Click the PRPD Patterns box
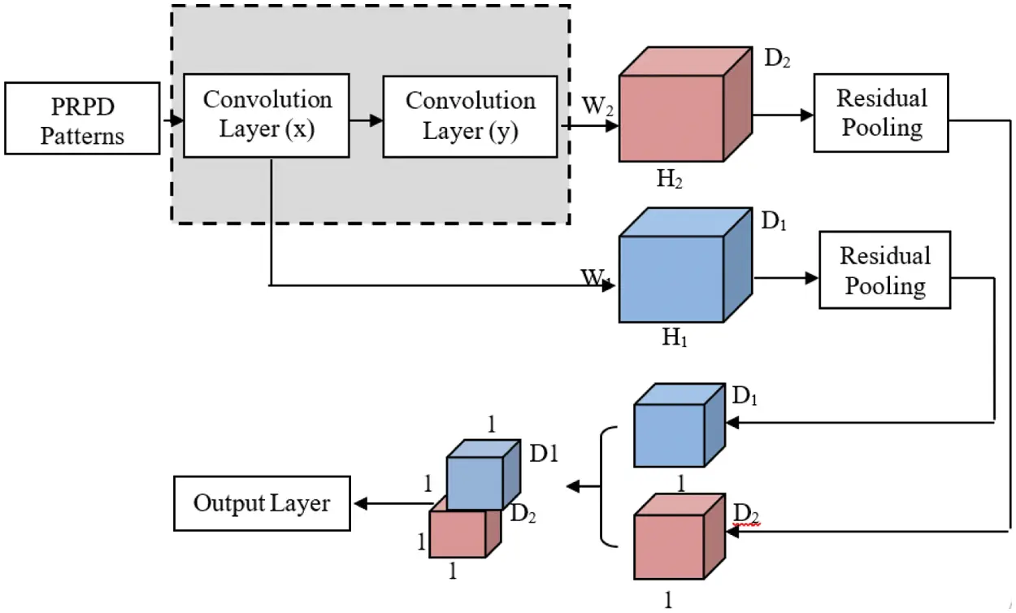pos(81,118)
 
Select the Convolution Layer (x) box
pos(267,115)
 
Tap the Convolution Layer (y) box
pos(470,115)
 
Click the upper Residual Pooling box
pos(881,112)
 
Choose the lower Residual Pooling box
pos(884,270)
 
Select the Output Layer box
pos(261,503)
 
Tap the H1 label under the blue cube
pos(674,337)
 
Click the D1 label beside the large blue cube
pos(773,220)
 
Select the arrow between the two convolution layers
pos(366,120)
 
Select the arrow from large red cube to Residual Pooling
pos(784,115)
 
